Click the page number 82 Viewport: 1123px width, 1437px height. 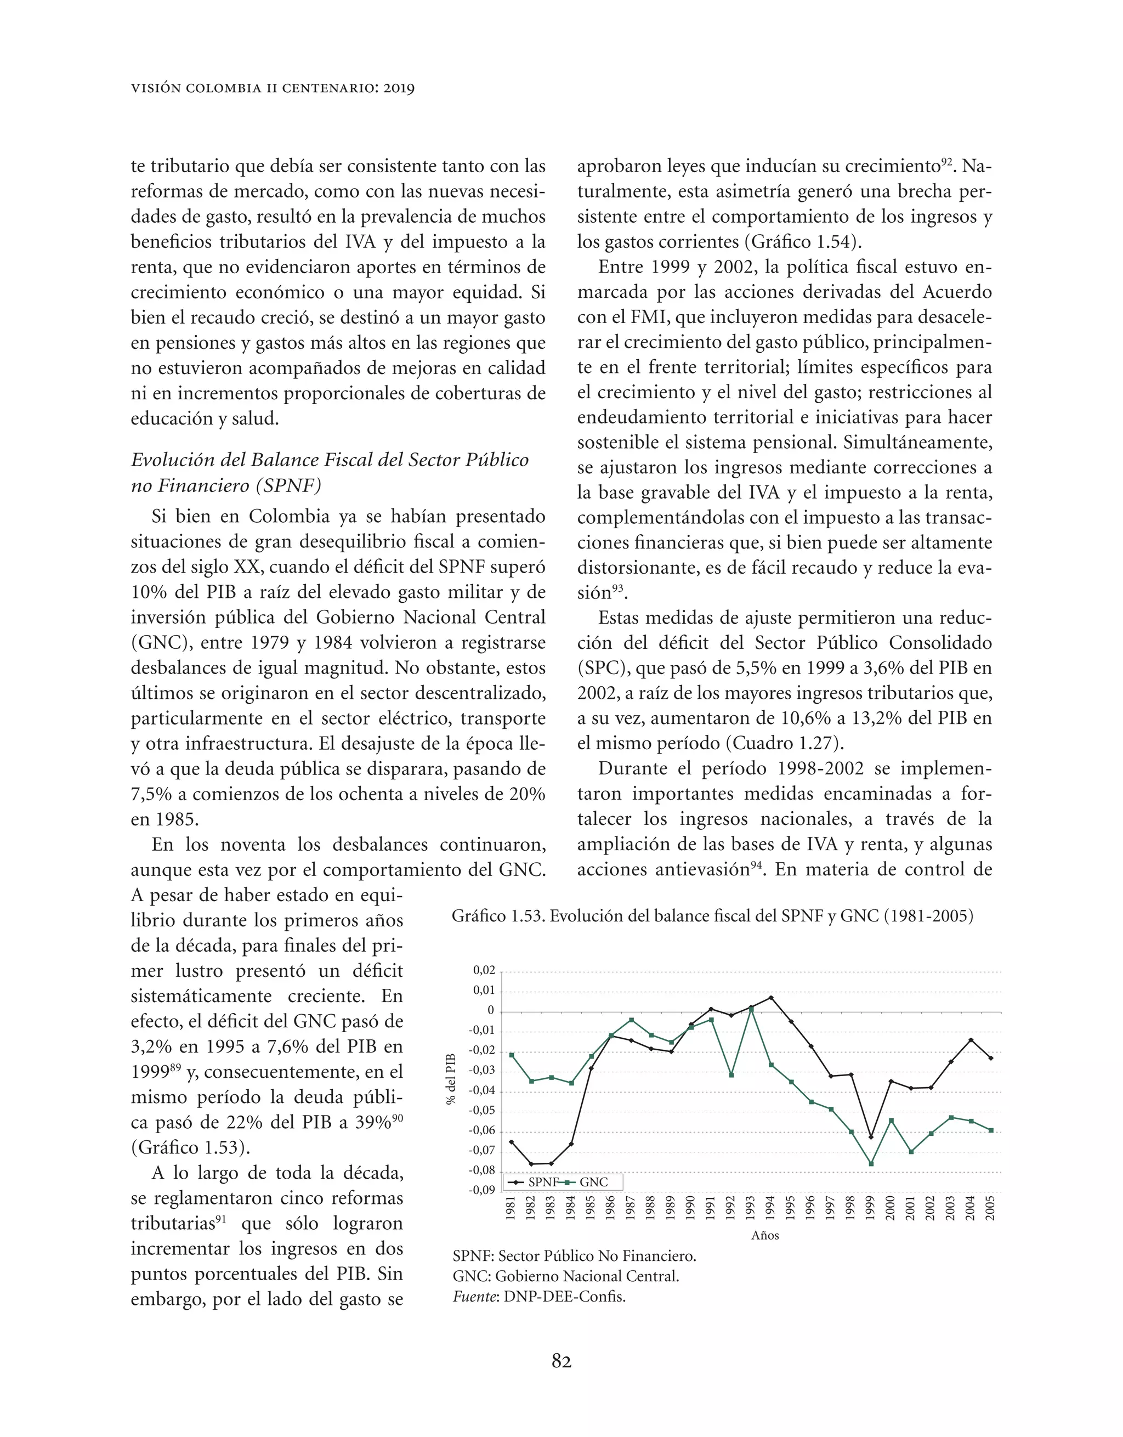[561, 1361]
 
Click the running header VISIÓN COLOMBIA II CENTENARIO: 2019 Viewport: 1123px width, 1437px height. [273, 88]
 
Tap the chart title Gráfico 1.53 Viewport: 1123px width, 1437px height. [712, 916]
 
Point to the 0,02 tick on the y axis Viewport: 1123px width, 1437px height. [484, 970]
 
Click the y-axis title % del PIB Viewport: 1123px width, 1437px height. [451, 1079]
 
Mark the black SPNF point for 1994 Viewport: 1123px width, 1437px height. [771, 998]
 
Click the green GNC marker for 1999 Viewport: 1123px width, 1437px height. [871, 1163]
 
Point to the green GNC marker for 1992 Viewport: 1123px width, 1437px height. [731, 1075]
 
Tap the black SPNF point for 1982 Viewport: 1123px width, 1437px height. [531, 1163]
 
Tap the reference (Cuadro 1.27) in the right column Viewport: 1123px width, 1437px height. [785, 744]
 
